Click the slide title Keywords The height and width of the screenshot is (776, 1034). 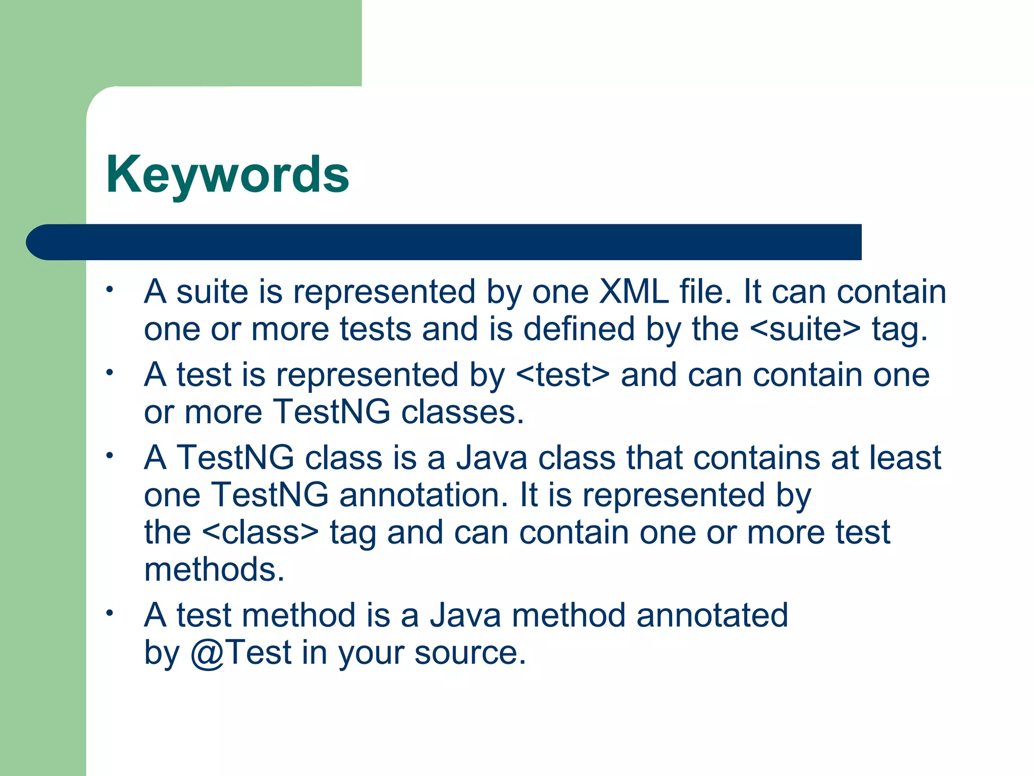(x=227, y=174)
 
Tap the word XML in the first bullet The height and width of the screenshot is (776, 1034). (x=633, y=292)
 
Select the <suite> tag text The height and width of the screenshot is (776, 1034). (x=805, y=329)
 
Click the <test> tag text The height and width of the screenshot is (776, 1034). (x=563, y=375)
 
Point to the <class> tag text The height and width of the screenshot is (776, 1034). (x=261, y=532)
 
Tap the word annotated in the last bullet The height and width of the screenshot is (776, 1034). (x=712, y=615)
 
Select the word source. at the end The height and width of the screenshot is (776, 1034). (x=470, y=653)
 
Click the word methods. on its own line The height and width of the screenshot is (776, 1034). (x=214, y=570)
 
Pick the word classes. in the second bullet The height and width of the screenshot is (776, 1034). (x=462, y=412)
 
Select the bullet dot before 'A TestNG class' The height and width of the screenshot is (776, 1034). (x=109, y=456)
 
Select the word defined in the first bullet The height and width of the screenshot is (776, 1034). (x=579, y=329)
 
